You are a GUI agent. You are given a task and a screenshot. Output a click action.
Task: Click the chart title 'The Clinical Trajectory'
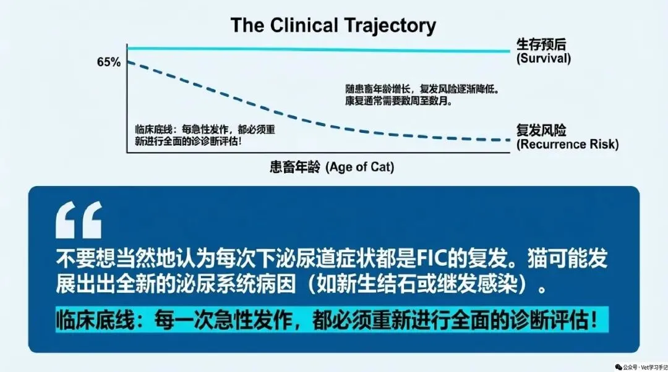333,25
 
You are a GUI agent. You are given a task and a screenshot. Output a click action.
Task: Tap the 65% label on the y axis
109,62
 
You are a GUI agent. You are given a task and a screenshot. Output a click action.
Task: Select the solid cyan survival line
319,49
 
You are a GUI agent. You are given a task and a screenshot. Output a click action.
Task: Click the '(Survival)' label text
544,58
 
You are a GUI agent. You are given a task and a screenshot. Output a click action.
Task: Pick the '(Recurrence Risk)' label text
567,144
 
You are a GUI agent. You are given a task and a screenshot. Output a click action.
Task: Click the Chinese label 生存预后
541,44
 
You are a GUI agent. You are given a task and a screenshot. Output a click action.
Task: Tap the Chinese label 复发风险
541,130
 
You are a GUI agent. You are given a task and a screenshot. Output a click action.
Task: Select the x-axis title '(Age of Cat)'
360,167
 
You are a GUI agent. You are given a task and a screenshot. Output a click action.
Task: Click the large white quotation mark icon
79,220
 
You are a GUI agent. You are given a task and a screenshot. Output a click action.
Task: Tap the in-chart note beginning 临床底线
205,135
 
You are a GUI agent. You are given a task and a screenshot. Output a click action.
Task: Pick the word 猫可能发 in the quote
568,258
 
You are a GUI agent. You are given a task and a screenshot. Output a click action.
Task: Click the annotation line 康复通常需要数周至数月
398,101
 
